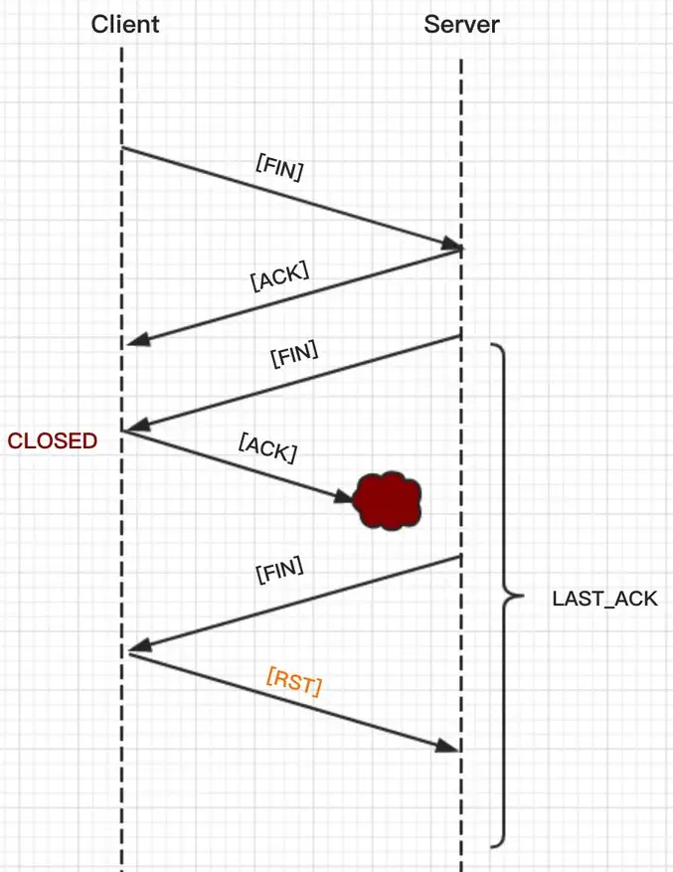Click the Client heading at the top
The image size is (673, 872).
125,25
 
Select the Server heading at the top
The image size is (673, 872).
461,25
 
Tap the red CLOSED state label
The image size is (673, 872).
53,441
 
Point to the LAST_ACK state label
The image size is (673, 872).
604,600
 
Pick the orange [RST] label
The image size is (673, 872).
294,685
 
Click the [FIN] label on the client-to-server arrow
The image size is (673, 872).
279,167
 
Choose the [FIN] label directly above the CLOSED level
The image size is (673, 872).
294,355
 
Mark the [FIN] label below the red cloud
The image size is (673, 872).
279,574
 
